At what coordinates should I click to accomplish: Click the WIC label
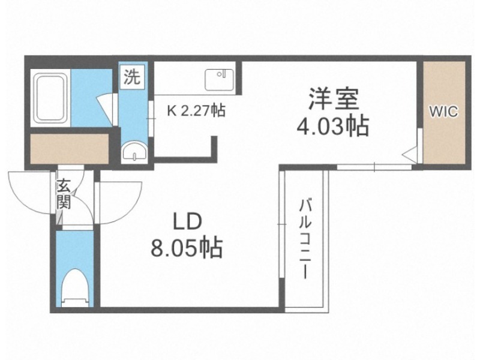pos(444,112)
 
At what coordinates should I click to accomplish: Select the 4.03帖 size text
pos(333,126)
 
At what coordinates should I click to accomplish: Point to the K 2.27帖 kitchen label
pos(196,110)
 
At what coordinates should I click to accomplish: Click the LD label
pos(188,222)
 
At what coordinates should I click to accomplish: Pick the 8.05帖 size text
pos(187,247)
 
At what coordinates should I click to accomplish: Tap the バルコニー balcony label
pos(305,239)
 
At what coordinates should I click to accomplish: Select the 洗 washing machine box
pos(132,77)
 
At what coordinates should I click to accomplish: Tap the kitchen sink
pos(219,80)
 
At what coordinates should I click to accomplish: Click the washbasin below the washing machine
pos(134,151)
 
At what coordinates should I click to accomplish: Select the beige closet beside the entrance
pos(70,148)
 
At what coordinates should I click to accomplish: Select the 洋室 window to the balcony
pos(374,167)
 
